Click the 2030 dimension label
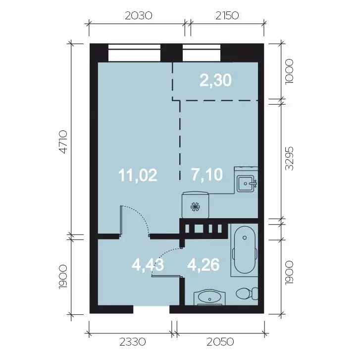(x=139, y=16)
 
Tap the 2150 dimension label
(x=227, y=16)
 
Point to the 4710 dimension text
(x=63, y=142)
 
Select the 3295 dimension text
(x=289, y=158)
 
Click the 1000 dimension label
(x=289, y=72)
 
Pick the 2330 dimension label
(x=133, y=342)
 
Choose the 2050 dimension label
(x=220, y=342)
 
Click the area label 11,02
(x=138, y=175)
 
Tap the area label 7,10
(x=207, y=174)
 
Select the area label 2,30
(x=215, y=80)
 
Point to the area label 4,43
(x=148, y=265)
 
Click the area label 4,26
(x=204, y=265)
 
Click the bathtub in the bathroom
(x=245, y=249)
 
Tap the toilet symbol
(x=247, y=294)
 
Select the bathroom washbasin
(x=209, y=298)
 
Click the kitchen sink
(x=246, y=183)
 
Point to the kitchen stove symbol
(x=196, y=205)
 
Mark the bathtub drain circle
(x=245, y=238)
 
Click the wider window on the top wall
(x=134, y=53)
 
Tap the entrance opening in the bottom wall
(x=152, y=309)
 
